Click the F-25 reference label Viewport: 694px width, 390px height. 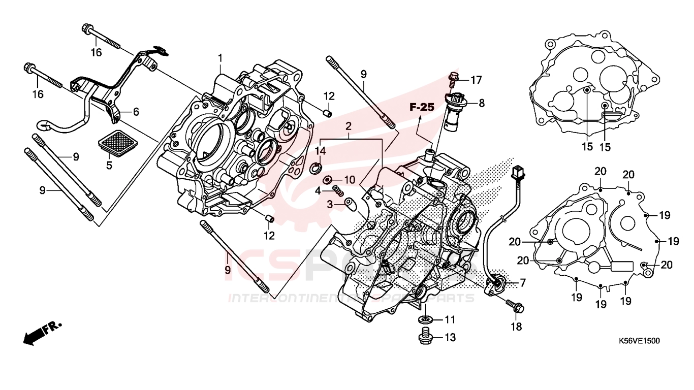click(422, 107)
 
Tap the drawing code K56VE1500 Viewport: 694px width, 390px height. click(639, 341)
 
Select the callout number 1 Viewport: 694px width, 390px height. click(220, 58)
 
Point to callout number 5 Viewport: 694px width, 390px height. click(108, 165)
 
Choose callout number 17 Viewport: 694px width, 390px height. click(476, 80)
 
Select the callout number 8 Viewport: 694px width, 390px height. click(481, 103)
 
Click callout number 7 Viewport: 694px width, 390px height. click(522, 282)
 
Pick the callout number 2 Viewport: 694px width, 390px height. click(349, 125)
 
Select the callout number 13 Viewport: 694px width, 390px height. click(450, 337)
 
